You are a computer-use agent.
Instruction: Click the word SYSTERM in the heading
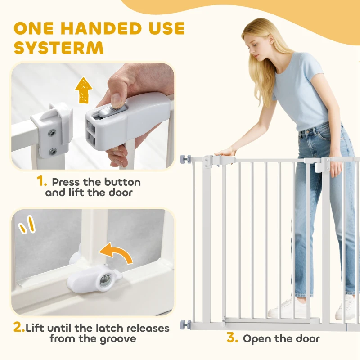click(x=59, y=48)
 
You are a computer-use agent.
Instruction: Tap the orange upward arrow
click(x=84, y=90)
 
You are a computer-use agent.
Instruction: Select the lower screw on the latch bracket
click(x=53, y=151)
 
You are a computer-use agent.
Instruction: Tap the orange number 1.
click(x=42, y=182)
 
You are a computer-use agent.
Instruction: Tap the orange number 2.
click(x=19, y=328)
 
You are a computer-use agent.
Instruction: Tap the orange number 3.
click(x=232, y=338)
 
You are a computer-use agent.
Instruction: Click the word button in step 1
click(x=122, y=182)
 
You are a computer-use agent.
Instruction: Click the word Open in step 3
click(x=257, y=339)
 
